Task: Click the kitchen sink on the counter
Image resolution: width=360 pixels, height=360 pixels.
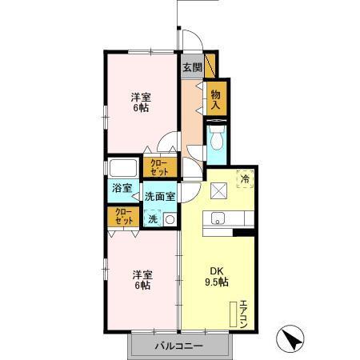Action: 217,218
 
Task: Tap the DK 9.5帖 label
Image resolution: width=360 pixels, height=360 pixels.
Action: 215,276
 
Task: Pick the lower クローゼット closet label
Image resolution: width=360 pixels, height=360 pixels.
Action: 123,216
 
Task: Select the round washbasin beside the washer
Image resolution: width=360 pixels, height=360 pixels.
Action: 169,218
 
